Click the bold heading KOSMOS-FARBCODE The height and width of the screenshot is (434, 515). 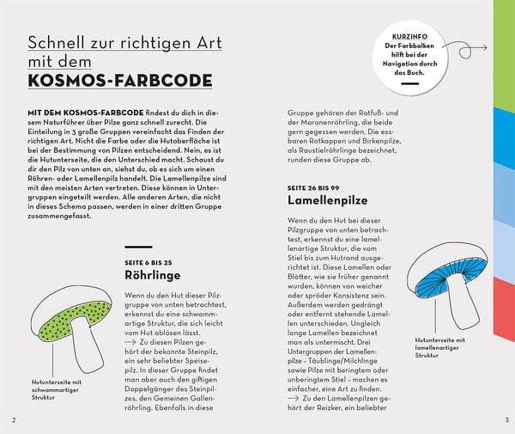121,82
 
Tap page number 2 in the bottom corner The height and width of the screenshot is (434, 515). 13,419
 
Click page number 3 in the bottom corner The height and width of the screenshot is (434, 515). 507,419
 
